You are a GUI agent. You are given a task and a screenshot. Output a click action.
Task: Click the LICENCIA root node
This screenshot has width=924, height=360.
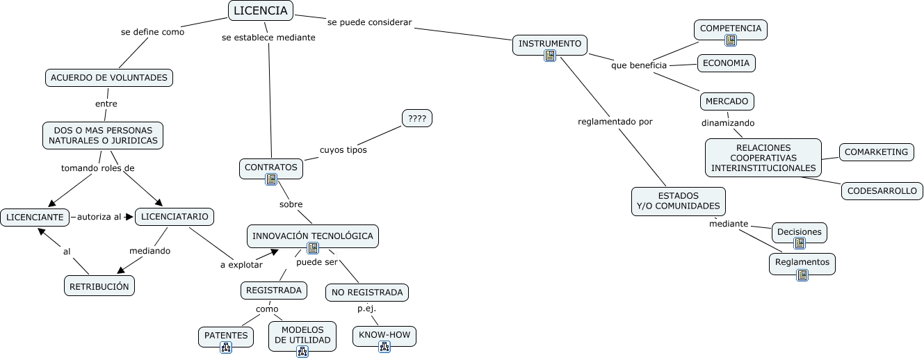point(260,10)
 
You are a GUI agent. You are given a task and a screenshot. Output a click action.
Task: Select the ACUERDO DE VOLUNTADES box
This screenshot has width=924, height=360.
point(109,78)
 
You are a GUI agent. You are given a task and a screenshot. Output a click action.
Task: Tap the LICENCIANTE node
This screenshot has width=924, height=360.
point(35,218)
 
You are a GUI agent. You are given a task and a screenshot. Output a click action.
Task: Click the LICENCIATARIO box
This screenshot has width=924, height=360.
point(174,217)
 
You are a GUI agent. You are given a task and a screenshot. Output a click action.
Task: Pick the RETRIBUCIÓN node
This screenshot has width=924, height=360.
point(99,286)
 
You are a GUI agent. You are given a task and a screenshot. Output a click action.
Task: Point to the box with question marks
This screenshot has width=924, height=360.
point(417,119)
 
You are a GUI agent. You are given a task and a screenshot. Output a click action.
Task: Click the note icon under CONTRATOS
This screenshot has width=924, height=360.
point(271,179)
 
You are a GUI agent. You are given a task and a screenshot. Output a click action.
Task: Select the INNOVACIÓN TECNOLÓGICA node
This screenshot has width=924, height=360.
point(312,236)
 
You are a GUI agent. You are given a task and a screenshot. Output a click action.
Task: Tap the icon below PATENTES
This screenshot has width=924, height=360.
point(225,347)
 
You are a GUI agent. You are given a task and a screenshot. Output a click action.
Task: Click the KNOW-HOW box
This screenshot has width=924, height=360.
point(384,336)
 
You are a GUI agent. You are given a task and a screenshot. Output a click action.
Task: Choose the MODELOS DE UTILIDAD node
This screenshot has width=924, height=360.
point(302,334)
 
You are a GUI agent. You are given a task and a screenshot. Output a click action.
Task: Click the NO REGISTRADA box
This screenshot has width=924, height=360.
point(367,293)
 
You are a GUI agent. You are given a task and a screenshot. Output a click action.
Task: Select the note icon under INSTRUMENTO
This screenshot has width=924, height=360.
point(550,56)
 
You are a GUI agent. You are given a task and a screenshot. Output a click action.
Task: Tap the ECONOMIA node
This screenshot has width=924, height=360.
point(726,63)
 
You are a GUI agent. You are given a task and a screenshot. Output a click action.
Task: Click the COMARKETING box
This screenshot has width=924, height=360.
point(877,152)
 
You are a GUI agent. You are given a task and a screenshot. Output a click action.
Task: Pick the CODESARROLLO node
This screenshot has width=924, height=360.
point(882,191)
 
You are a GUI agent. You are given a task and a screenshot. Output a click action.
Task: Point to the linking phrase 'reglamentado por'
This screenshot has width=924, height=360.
point(615,122)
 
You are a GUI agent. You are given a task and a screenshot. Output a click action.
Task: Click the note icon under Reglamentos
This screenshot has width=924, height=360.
point(802,275)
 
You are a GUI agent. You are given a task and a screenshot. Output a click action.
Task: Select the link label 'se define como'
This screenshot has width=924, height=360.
point(152,31)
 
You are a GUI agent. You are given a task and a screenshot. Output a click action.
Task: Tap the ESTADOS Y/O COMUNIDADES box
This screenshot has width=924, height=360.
point(678,201)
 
